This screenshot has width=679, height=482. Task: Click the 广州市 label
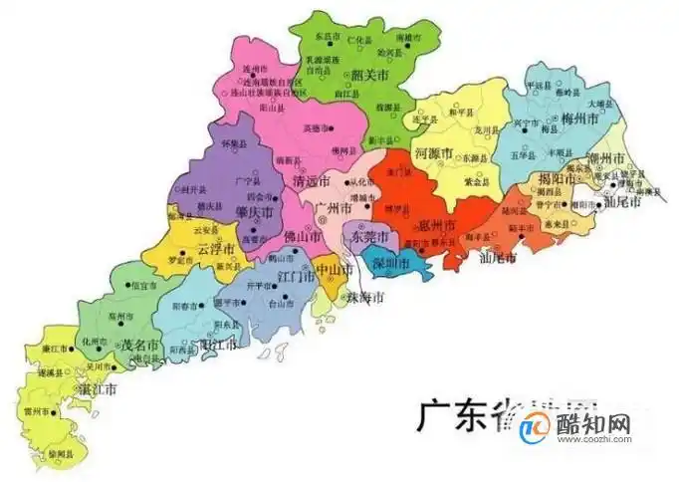333,210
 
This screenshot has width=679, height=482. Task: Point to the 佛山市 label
302,238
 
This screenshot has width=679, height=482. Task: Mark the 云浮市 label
216,246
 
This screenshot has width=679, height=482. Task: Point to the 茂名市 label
140,346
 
